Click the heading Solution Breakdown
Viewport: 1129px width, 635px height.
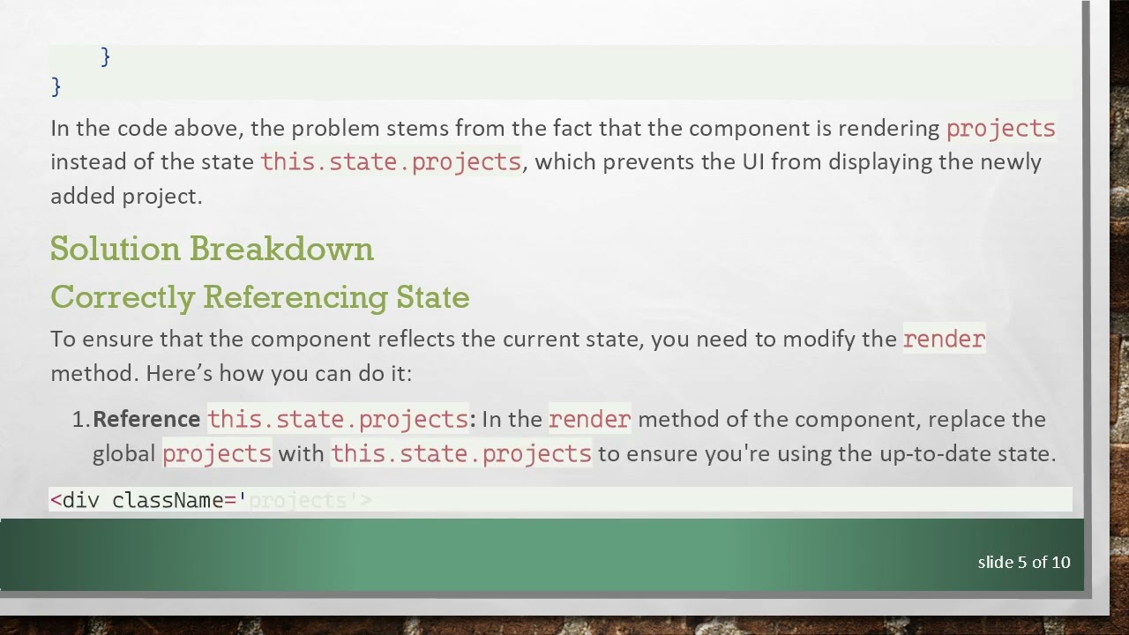[212, 250]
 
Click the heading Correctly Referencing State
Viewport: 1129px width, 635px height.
[259, 297]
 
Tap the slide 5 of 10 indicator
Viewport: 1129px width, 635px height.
[1023, 562]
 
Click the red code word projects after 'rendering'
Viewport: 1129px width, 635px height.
[1000, 129]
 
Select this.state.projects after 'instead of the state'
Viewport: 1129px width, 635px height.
[391, 162]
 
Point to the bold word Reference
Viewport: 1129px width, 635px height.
[146, 419]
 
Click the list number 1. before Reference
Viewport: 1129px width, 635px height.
[80, 419]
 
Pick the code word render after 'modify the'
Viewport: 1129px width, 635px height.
[944, 340]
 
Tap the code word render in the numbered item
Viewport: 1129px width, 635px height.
[589, 419]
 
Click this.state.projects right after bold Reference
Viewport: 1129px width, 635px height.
[337, 419]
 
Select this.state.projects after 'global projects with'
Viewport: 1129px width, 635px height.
[460, 454]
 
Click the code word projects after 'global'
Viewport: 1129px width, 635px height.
[217, 454]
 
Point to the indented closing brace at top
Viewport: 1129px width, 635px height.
[106, 57]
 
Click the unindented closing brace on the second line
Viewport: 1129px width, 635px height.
[56, 86]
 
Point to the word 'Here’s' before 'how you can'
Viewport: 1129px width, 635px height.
[179, 373]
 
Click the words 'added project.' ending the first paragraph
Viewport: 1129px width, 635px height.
[126, 196]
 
